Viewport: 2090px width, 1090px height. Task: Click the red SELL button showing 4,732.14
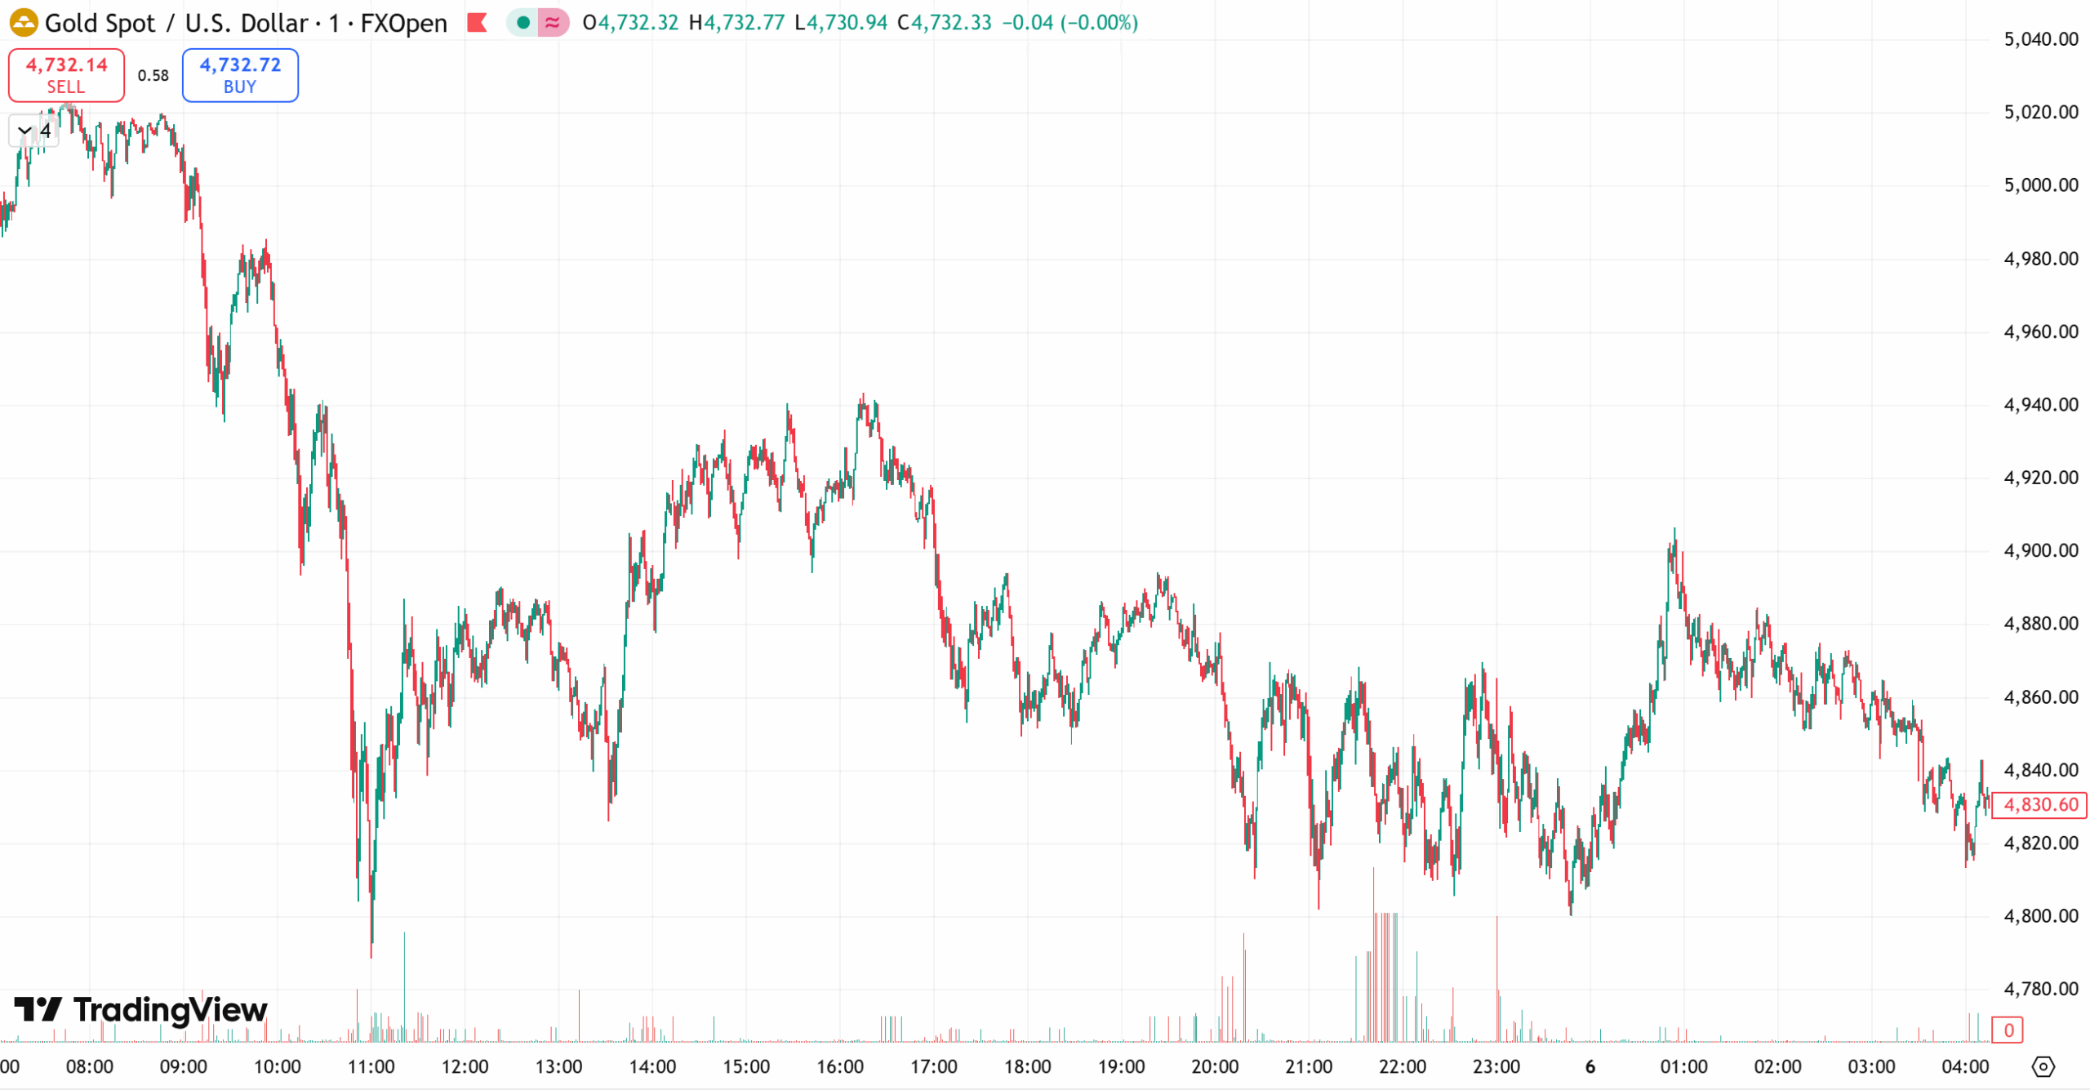click(66, 75)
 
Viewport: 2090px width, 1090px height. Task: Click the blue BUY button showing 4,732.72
click(240, 75)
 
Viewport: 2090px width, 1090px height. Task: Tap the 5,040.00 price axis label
click(2040, 39)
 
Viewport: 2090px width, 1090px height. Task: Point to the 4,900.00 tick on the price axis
click(2040, 550)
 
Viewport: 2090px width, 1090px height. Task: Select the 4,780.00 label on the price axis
click(2040, 989)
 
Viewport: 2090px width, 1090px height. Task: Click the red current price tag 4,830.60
click(2039, 805)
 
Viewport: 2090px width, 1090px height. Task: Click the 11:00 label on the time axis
click(371, 1066)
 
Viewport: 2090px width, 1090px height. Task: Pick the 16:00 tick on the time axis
click(840, 1066)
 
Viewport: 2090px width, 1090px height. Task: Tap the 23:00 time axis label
click(1496, 1066)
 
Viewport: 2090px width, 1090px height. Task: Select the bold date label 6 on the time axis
click(1590, 1066)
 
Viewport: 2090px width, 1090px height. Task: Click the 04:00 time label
click(1965, 1066)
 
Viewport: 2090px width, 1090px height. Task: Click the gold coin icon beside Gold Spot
click(24, 23)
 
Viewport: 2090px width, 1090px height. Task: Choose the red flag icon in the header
click(478, 23)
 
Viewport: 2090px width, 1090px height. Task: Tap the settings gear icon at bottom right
click(2043, 1066)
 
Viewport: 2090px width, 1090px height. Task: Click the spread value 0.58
click(153, 75)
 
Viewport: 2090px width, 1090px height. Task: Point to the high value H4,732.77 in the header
click(736, 23)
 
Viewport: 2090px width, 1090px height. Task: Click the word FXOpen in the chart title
click(403, 23)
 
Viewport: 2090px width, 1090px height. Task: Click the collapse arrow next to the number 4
click(24, 131)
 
